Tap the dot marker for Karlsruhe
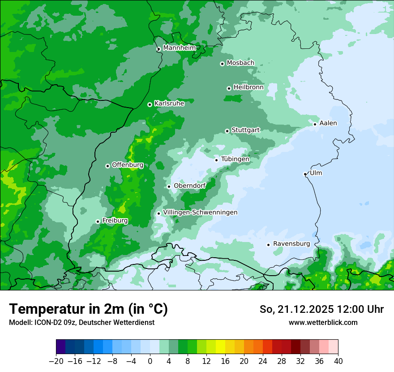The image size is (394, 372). click(x=150, y=104)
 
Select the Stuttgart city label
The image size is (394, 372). click(x=245, y=130)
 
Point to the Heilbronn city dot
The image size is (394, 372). click(x=229, y=88)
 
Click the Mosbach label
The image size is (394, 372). click(x=240, y=63)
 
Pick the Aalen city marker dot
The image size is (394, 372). click(x=315, y=124)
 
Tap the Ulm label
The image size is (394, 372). click(x=316, y=173)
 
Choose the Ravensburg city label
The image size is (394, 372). click(x=291, y=244)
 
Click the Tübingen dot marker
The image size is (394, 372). click(x=216, y=160)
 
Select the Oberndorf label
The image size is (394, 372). click(x=190, y=186)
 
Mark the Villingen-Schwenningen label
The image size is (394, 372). click(x=200, y=212)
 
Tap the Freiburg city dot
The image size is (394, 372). click(x=98, y=221)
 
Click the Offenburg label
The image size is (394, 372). click(x=128, y=164)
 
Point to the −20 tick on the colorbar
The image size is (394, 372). click(x=56, y=361)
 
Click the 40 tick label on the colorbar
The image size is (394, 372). click(x=338, y=361)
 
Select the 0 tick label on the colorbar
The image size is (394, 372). click(x=150, y=361)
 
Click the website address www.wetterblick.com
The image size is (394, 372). click(x=323, y=322)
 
